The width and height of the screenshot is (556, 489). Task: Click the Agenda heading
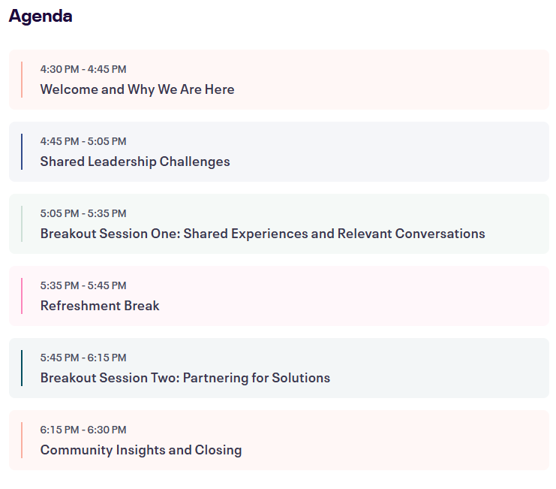pos(41,17)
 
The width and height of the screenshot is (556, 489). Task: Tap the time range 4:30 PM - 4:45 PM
pos(83,69)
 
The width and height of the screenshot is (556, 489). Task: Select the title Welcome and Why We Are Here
pos(137,89)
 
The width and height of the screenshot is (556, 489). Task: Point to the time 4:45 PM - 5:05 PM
pos(83,141)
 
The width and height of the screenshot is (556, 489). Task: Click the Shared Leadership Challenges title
pos(135,161)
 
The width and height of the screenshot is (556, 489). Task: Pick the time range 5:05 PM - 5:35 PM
pos(83,213)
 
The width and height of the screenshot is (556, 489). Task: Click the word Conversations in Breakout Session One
pos(440,234)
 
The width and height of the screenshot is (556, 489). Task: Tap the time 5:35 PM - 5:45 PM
pos(83,285)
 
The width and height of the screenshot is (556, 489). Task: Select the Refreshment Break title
pos(100,306)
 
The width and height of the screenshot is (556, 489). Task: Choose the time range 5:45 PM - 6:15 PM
pos(83,358)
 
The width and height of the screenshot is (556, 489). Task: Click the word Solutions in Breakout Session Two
pos(301,378)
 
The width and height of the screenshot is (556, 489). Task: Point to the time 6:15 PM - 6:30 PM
pos(83,430)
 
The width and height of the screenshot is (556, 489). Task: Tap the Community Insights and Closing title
pos(141,450)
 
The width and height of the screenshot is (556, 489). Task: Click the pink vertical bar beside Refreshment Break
pos(22,296)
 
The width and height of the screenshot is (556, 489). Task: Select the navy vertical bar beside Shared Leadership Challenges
pos(22,152)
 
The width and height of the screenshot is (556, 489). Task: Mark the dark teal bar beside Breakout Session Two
pos(22,368)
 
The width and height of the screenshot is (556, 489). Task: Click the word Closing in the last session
pos(218,451)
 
